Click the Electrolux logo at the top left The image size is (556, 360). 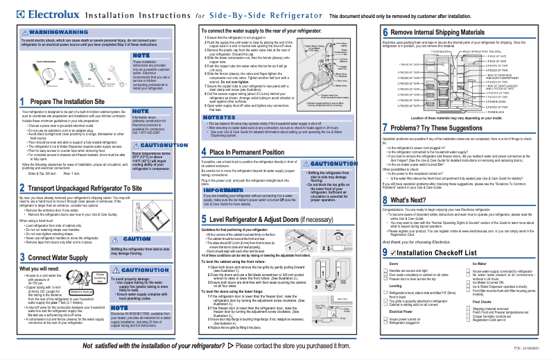(36, 15)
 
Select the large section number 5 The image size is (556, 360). (206, 220)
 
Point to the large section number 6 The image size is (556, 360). (385, 33)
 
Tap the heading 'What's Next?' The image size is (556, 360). (412, 199)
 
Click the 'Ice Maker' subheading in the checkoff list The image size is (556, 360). (479, 264)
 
